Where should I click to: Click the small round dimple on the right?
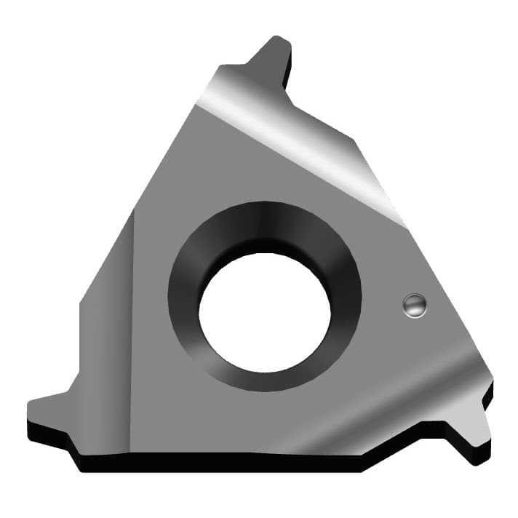pos(415,306)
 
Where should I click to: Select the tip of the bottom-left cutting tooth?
pos(31,405)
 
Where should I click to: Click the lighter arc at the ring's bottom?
pos(266,382)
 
